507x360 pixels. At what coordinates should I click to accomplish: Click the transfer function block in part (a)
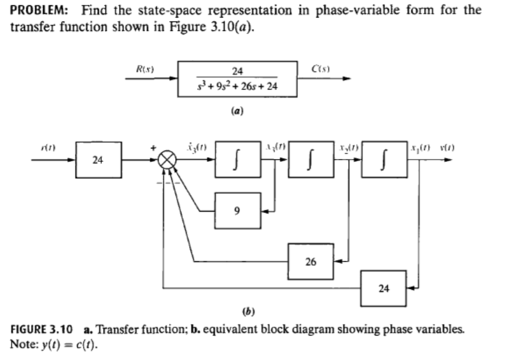[237, 82]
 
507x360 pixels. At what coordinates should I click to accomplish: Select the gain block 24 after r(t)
[98, 158]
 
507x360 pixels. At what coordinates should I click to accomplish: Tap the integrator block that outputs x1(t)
[384, 158]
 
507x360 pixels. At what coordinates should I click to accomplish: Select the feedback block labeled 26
[311, 261]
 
